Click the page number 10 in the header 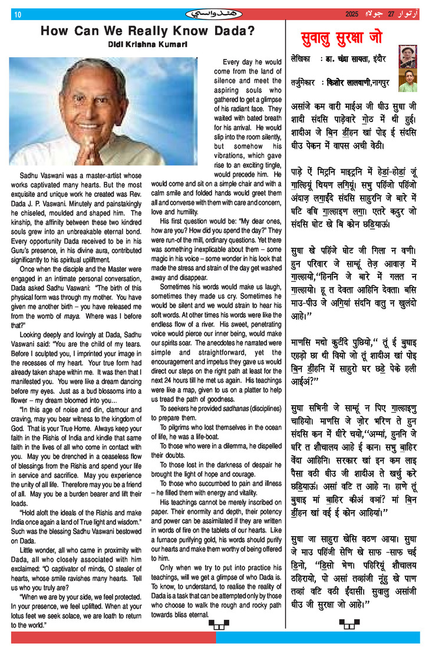pyautogui.click(x=17, y=14)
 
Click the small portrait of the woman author pyautogui.click(x=407, y=57)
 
